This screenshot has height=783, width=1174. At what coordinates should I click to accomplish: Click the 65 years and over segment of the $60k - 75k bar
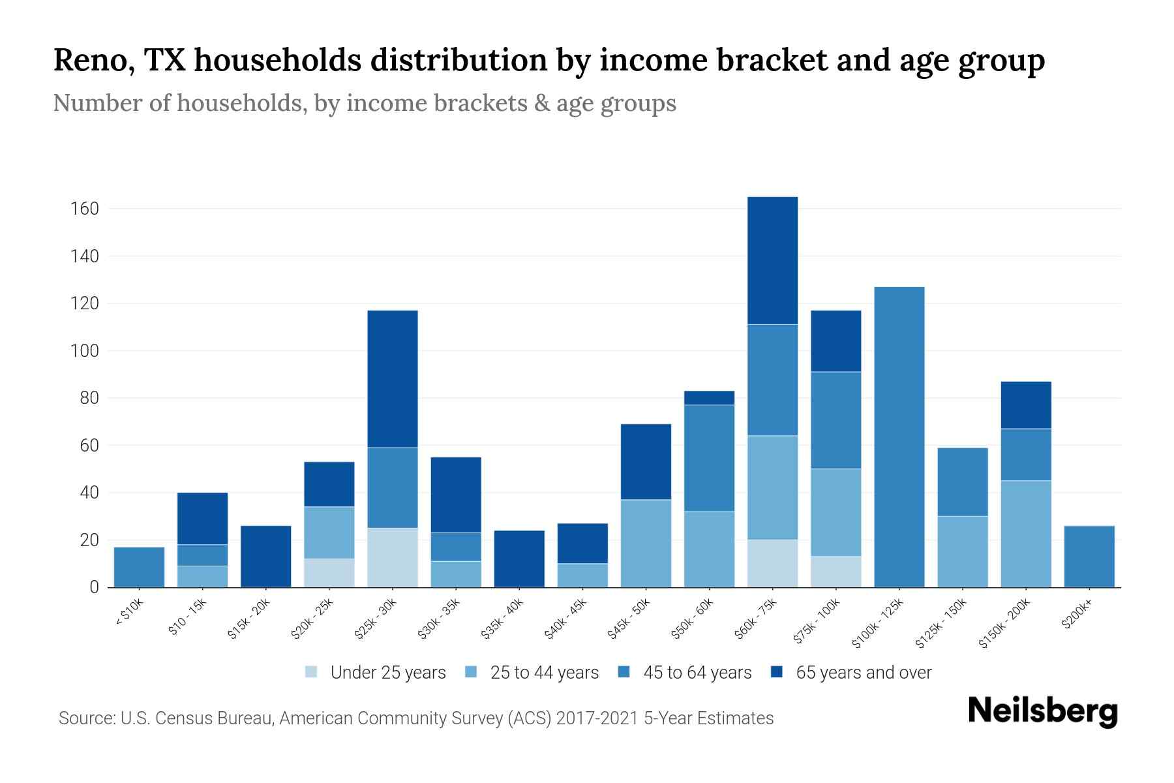pos(772,260)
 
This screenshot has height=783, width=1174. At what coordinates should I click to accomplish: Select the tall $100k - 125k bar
pos(899,437)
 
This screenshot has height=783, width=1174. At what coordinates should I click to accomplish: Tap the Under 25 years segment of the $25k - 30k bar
pos(392,557)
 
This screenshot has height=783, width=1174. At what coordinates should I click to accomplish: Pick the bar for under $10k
pos(139,567)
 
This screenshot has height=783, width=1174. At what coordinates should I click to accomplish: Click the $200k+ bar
pos(1089,557)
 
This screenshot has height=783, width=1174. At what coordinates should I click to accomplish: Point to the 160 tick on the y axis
pos(85,209)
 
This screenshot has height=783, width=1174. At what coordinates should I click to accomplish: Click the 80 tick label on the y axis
pos(90,398)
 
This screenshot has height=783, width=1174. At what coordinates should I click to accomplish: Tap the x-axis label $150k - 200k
pos(1005,623)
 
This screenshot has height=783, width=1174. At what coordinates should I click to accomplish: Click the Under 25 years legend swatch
pos(312,672)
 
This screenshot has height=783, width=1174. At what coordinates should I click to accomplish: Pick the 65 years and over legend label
pos(863,673)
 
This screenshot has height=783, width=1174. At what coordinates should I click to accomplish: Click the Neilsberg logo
pos(1042,711)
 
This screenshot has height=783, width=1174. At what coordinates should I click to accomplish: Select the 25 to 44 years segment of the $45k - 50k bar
pos(646,543)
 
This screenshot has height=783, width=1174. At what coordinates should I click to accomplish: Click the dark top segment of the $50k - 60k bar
pos(709,398)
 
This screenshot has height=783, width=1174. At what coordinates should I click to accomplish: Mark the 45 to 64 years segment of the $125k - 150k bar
pos(962,482)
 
